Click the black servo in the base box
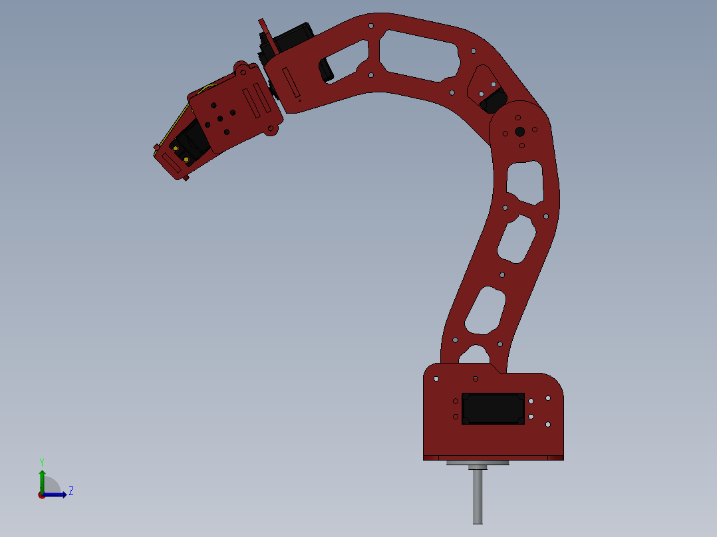pyautogui.click(x=493, y=408)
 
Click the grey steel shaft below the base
pyautogui.click(x=478, y=496)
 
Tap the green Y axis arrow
pyautogui.click(x=42, y=481)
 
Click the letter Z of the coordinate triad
pyautogui.click(x=71, y=491)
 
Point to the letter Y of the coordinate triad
pyautogui.click(x=42, y=462)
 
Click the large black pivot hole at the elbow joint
pyautogui.click(x=519, y=132)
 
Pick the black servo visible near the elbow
pyautogui.click(x=493, y=100)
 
